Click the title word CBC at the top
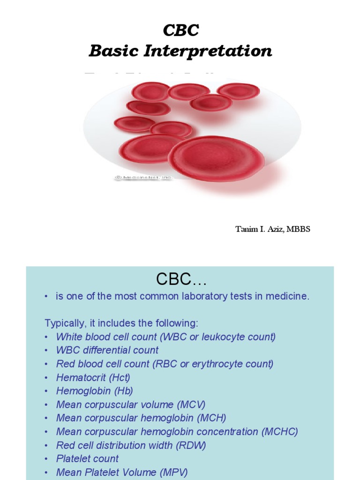[x=180, y=30]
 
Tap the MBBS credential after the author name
[x=300, y=229]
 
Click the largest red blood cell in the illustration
[x=216, y=158]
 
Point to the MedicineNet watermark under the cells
[x=143, y=178]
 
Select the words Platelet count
[x=88, y=459]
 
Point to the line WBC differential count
[x=107, y=350]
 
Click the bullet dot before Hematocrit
[x=47, y=378]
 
